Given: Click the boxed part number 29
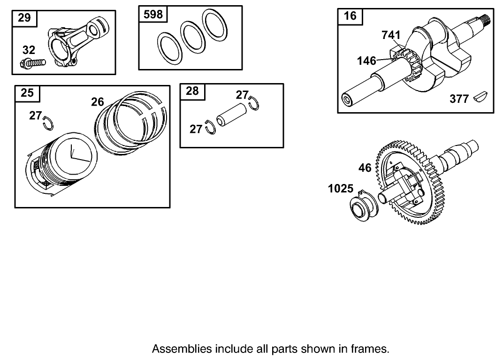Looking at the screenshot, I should [24, 18].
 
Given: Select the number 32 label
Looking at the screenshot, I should [29, 50].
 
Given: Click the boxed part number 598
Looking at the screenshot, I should [153, 15].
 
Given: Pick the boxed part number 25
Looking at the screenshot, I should [27, 93].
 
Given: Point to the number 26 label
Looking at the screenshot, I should [97, 102].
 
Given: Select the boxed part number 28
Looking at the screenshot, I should [192, 91].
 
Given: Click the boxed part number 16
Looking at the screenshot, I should [350, 16].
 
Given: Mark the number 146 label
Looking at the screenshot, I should [366, 61].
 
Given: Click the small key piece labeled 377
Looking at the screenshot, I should [480, 97].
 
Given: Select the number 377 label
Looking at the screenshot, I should [459, 99].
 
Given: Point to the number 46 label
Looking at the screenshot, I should [365, 168].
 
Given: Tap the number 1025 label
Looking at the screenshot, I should [341, 189].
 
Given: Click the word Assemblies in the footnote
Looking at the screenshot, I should [182, 349].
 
